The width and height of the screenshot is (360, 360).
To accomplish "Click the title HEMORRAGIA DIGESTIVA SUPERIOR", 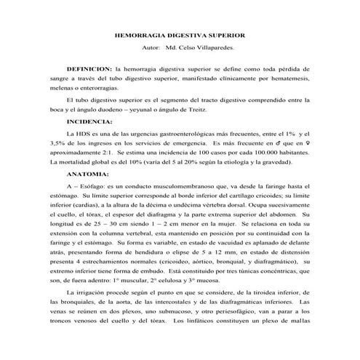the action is pyautogui.click(x=181, y=35).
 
